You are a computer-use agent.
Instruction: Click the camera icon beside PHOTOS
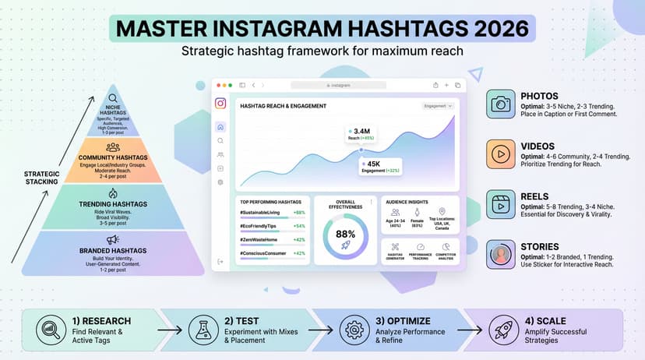coord(499,104)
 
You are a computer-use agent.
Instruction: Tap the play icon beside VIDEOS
coord(499,154)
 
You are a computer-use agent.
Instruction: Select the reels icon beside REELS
coord(499,204)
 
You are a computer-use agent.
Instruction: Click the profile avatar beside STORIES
coord(499,254)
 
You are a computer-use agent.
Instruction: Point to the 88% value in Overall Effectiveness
coord(345,233)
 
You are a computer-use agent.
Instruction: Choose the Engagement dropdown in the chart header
coord(438,105)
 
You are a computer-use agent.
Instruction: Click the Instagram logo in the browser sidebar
coord(220,104)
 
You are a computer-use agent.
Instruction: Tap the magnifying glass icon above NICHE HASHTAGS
coord(114,98)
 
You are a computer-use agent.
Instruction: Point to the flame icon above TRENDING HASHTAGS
coord(114,192)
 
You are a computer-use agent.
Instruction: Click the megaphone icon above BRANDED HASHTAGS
coord(114,239)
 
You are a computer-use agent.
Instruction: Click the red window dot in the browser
coord(220,84)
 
